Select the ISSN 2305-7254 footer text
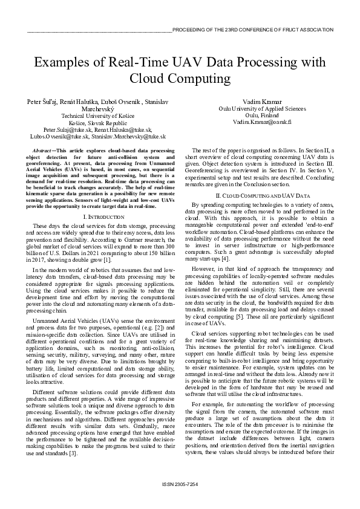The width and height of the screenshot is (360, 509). coord(180,485)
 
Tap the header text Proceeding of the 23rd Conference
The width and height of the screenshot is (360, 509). coord(252,29)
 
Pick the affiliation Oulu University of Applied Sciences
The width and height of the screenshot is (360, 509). coord(262,108)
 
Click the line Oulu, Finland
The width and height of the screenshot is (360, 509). coord(262,114)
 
